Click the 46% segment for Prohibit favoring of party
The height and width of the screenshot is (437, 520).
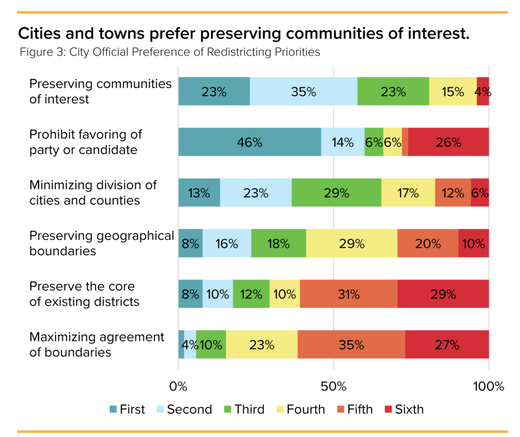coord(249,142)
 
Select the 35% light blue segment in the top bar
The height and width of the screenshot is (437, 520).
coord(303,91)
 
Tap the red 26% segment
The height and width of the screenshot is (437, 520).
coord(448,142)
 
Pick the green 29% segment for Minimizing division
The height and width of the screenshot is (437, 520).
coord(336,193)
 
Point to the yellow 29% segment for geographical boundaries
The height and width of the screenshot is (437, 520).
coord(351,243)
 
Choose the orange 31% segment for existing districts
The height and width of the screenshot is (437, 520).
coord(348,294)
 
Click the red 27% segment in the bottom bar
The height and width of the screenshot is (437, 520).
coord(447,345)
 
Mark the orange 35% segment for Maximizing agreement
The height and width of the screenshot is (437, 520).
coord(351,345)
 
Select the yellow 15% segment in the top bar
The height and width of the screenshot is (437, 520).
coord(452,91)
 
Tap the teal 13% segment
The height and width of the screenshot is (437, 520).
coord(199,193)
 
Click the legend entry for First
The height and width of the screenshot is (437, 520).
coord(127,410)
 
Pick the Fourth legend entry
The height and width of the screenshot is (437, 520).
coord(300,410)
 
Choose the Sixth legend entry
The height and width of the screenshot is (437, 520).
coord(404,410)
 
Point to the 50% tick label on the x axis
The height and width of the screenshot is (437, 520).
coord(334,386)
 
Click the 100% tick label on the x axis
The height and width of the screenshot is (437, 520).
coord(488,386)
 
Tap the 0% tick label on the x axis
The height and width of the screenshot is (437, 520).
coord(178,386)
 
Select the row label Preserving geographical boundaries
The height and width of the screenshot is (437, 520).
coord(101,243)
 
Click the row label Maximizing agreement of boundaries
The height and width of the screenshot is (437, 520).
coord(96,345)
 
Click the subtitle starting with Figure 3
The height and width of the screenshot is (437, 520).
coord(170,52)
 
